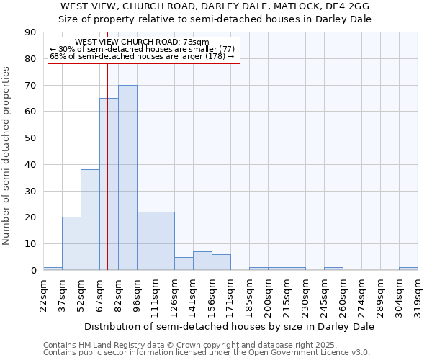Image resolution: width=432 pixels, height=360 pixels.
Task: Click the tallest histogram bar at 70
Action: tap(127, 178)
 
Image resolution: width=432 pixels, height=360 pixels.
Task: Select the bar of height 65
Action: tap(109, 184)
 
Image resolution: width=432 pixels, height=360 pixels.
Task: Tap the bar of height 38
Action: tap(90, 220)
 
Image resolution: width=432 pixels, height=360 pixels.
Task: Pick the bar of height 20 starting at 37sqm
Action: tap(71, 243)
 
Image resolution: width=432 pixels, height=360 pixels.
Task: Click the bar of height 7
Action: tap(202, 261)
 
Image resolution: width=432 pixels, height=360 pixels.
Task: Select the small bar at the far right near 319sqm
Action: tap(408, 269)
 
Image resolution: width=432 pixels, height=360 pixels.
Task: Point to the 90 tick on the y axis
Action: tap(31, 32)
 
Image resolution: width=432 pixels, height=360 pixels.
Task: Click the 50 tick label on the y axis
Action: tap(31, 138)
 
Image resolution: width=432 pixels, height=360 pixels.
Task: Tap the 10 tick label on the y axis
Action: tap(31, 244)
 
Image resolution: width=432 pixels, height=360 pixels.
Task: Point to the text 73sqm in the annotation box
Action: tap(196, 42)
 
